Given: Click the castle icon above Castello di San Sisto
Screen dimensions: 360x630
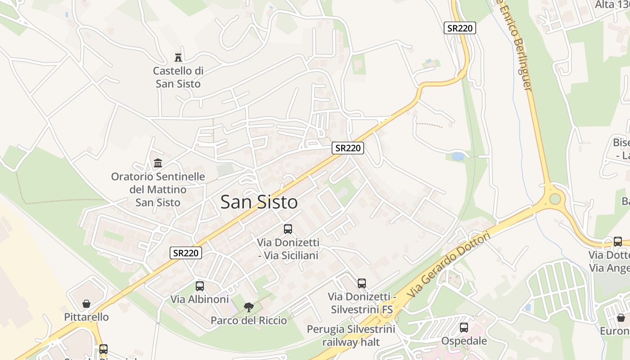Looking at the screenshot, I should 178,58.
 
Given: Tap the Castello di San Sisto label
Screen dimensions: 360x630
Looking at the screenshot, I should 178,77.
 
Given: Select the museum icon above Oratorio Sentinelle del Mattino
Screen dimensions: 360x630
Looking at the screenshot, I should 158,163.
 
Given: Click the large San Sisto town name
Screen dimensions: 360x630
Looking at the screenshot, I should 259,202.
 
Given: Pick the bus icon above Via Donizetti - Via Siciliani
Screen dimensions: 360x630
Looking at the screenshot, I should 288,229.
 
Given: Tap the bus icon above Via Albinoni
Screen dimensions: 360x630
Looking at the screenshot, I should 199,286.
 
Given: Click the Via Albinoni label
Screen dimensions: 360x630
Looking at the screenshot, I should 199,299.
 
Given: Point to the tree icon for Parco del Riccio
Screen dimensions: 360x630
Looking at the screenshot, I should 248,307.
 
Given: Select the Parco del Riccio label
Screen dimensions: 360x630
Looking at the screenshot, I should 248,320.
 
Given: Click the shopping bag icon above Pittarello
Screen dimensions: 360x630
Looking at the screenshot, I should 86,304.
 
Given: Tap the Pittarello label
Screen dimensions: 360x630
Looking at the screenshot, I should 86,317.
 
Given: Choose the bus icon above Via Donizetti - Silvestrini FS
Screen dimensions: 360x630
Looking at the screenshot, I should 362,283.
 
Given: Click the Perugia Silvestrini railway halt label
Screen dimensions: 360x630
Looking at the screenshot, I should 351,335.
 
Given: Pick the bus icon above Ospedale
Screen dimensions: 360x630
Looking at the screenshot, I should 464,328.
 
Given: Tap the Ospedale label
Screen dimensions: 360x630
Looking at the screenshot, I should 464,341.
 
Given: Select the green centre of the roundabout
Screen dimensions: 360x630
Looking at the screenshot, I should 555,198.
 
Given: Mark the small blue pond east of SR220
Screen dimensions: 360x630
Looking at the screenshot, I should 457,157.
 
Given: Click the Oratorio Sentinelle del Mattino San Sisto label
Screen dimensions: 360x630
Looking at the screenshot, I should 158,189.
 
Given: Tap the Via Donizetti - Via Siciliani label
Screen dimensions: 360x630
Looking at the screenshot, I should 288,249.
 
